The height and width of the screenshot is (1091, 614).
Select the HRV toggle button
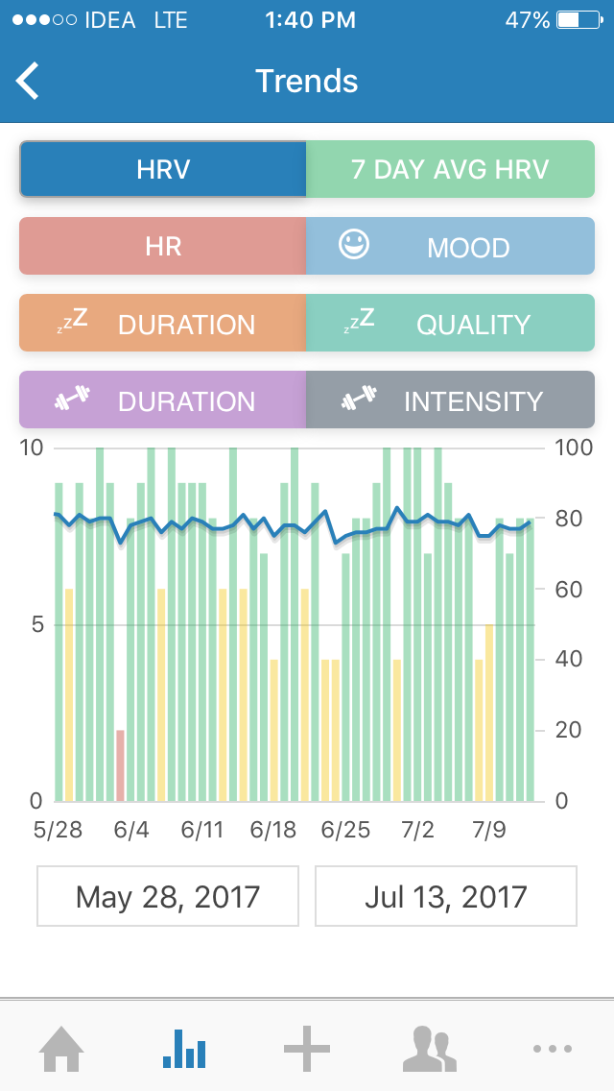click(163, 170)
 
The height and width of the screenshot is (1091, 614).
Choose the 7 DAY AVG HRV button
click(450, 170)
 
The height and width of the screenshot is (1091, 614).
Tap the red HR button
click(163, 247)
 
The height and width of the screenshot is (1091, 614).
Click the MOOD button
click(450, 247)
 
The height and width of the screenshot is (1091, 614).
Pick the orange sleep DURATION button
click(163, 324)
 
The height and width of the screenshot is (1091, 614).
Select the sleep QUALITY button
click(450, 324)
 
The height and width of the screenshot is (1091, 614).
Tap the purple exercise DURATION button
click(163, 400)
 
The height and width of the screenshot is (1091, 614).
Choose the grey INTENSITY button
click(450, 400)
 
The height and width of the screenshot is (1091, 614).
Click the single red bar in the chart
click(121, 765)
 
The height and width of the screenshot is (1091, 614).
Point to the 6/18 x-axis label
click(273, 830)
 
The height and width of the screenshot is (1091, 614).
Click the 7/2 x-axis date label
click(417, 830)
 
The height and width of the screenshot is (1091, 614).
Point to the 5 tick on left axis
click(35, 625)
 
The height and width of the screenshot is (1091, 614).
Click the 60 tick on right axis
click(568, 590)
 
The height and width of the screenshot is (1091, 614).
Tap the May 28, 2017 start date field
click(168, 896)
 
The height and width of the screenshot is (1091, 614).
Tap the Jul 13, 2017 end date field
click(446, 896)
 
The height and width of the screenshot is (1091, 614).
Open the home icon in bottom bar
click(61, 1049)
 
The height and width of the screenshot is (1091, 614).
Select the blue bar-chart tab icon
click(184, 1049)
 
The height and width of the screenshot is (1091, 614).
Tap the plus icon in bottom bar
click(307, 1049)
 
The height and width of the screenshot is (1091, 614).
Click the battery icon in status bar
click(580, 20)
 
